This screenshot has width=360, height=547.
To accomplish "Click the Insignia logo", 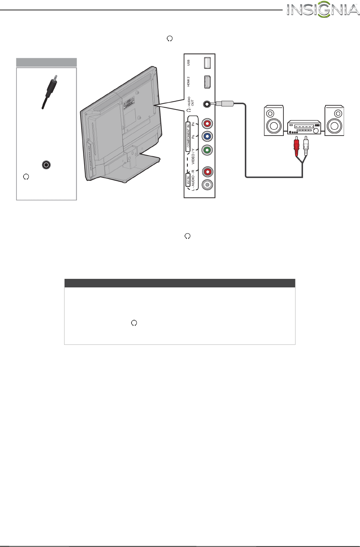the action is coord(323,10).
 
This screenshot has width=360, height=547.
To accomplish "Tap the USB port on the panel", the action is coord(207,63).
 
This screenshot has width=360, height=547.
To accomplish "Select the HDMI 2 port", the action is coord(207,82).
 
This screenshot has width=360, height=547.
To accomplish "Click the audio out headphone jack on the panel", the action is coord(206,104).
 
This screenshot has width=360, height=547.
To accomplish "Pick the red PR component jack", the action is coord(207,124).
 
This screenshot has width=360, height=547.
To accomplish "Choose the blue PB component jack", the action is coord(207,137).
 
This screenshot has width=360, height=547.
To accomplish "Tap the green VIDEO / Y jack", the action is coord(207,150).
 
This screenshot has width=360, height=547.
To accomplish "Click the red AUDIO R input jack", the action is coord(207,172).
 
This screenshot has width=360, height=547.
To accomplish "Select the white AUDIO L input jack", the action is coord(207,185).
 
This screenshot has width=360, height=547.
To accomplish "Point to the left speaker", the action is coord(274,121).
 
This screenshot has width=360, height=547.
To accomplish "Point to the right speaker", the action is coord(334,121).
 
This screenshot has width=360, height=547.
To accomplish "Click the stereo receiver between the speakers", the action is coord(304,127).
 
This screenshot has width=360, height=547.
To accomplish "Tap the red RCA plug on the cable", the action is coord(296,146).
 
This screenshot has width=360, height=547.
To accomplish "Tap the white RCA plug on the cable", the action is coord(305,146).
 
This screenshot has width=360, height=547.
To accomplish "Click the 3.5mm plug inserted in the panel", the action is coord(223,104).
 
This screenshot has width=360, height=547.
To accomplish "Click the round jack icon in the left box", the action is coord(46,165).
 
